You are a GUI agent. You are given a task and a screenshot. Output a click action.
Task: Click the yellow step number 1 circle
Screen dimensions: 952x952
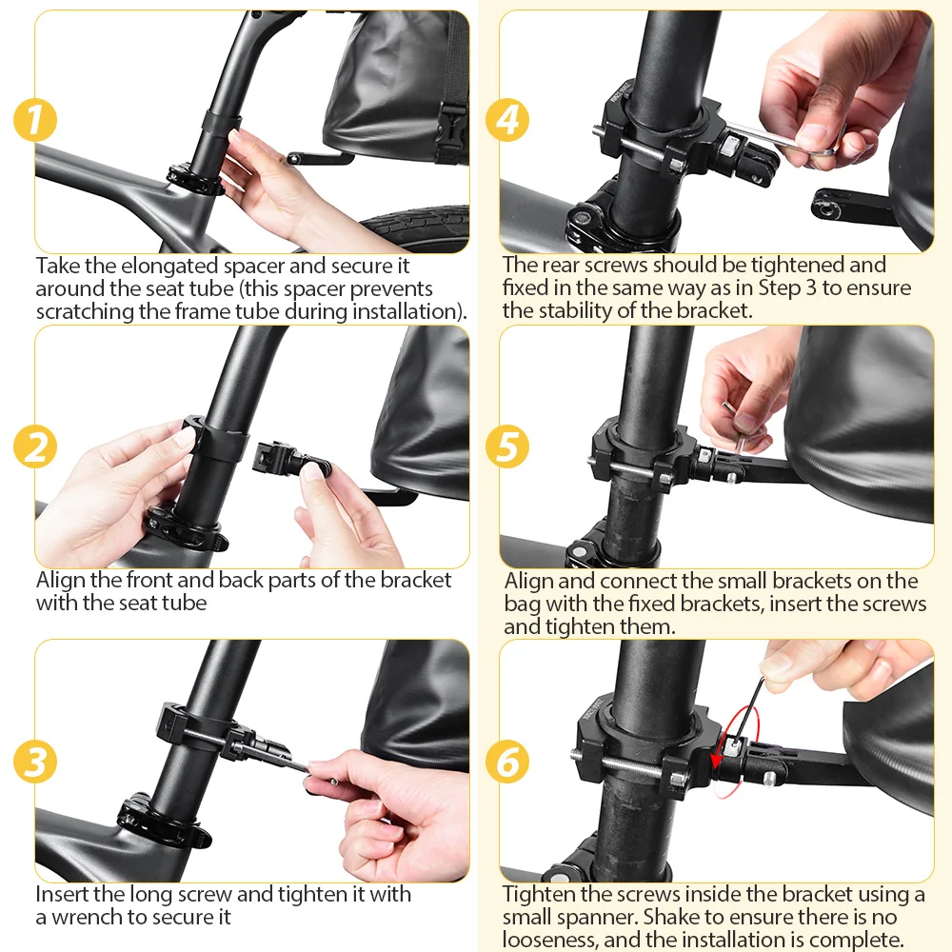pos(35,120)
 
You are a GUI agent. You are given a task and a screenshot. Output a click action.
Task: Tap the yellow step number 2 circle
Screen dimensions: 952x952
pos(35,446)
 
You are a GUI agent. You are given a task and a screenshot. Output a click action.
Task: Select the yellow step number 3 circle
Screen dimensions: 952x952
pos(35,762)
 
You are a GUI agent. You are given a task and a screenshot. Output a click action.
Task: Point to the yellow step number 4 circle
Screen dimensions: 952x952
pos(507,120)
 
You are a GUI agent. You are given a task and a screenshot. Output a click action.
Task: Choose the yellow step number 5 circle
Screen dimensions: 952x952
pos(507,446)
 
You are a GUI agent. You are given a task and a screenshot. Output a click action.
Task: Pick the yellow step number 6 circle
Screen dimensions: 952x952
pos(507,762)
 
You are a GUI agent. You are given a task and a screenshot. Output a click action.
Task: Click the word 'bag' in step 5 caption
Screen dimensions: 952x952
pos(522,605)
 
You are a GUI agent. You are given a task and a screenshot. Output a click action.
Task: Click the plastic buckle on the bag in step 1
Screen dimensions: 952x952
pos(450,132)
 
